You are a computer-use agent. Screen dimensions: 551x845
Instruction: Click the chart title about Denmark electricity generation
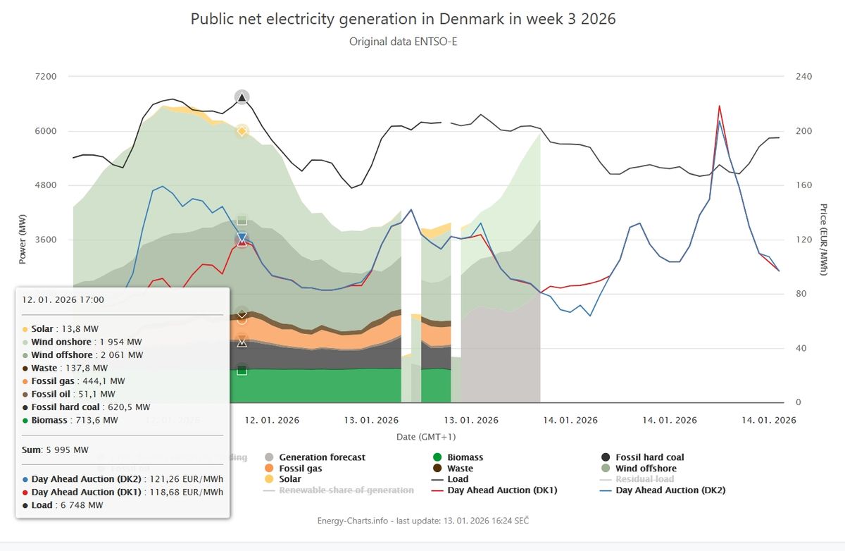pos(403,19)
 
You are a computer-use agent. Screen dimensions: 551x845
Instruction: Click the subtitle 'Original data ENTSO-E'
pos(403,42)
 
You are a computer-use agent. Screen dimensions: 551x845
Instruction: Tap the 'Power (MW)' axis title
pos(23,240)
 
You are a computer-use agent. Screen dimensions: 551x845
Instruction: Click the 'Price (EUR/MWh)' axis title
pos(823,239)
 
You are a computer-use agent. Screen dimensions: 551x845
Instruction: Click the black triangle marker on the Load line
pos(242,97)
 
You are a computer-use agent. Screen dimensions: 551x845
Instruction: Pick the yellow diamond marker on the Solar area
pos(242,131)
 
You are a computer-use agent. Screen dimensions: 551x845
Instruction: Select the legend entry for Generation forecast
pos(322,457)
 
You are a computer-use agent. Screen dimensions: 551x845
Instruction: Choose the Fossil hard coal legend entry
pos(649,457)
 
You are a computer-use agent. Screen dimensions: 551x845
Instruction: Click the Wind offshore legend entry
pos(645,469)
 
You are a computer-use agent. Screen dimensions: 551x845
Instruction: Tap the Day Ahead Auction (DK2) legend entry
pos(670,490)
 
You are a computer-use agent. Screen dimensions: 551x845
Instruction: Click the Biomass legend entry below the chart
pos(465,457)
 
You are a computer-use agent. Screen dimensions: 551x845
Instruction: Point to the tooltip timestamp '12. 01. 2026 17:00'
pos(63,299)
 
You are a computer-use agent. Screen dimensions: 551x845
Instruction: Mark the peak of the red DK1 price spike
pos(719,106)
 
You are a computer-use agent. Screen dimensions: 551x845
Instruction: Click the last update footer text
pos(423,520)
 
